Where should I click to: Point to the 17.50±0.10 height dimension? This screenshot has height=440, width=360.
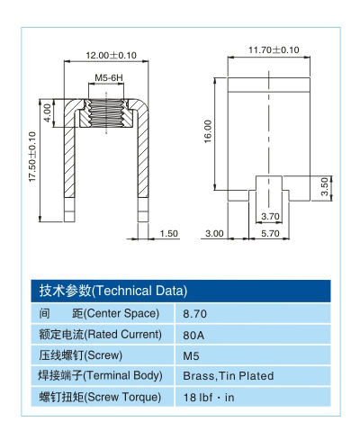pyautogui.click(x=33, y=157)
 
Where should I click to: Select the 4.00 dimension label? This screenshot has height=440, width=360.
pyautogui.click(x=48, y=115)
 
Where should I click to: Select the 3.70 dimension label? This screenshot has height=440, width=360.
pyautogui.click(x=269, y=216)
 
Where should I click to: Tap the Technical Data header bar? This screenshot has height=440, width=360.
pyautogui.click(x=180, y=291)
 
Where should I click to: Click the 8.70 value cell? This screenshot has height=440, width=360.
pyautogui.click(x=195, y=314)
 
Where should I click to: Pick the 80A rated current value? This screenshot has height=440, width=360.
pyautogui.click(x=193, y=335)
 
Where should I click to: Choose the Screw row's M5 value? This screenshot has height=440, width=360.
pyautogui.click(x=191, y=355)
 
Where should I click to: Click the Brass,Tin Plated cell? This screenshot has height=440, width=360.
pyautogui.click(x=228, y=376)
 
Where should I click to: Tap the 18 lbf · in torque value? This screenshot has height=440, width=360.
pyautogui.click(x=209, y=397)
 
